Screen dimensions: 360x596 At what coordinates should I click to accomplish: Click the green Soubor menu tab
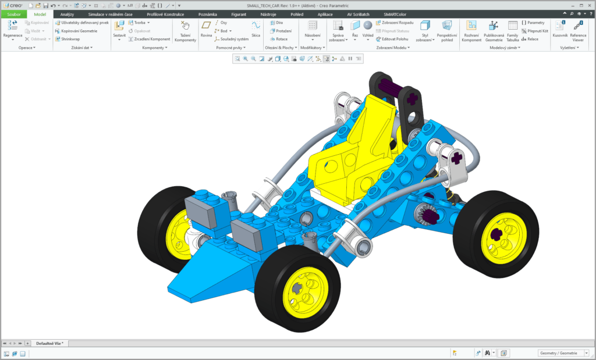[13, 14]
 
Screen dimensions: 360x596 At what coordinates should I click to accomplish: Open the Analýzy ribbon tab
[67, 14]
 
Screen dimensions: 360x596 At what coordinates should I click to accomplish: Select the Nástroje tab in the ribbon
[268, 14]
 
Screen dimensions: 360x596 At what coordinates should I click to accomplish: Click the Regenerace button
[12, 29]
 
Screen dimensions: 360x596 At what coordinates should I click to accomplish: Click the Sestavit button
[119, 29]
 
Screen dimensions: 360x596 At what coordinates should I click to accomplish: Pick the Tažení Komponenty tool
[186, 30]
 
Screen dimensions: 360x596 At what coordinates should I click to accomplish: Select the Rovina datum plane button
[206, 29]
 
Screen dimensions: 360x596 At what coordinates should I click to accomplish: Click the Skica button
[256, 29]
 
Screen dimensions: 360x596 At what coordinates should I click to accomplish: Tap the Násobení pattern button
[313, 29]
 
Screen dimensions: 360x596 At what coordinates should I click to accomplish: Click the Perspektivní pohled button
[447, 30]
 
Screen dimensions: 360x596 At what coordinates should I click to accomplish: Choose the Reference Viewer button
[578, 30]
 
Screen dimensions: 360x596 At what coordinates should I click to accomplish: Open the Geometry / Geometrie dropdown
[561, 353]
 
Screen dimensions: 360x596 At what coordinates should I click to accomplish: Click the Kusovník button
[559, 30]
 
